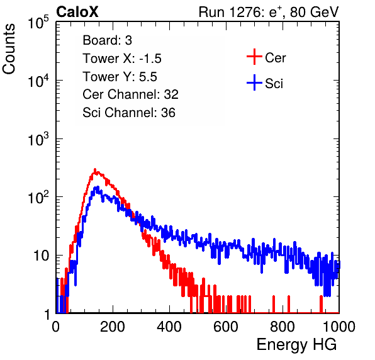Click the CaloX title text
(77, 12)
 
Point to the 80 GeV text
(314, 12)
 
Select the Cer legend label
(275, 58)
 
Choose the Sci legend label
(274, 84)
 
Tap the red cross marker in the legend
(254, 57)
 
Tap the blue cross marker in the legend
(254, 82)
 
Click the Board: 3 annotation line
(107, 40)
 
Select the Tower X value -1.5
(150, 59)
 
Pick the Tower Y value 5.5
(148, 77)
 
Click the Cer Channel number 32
(171, 94)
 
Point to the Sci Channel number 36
(168, 113)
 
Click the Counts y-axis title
(9, 49)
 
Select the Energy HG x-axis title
(296, 345)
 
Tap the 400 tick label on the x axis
(169, 327)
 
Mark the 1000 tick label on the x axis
(339, 327)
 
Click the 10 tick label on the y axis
(41, 256)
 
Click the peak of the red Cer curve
(95, 169)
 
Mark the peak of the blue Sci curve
(97, 187)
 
